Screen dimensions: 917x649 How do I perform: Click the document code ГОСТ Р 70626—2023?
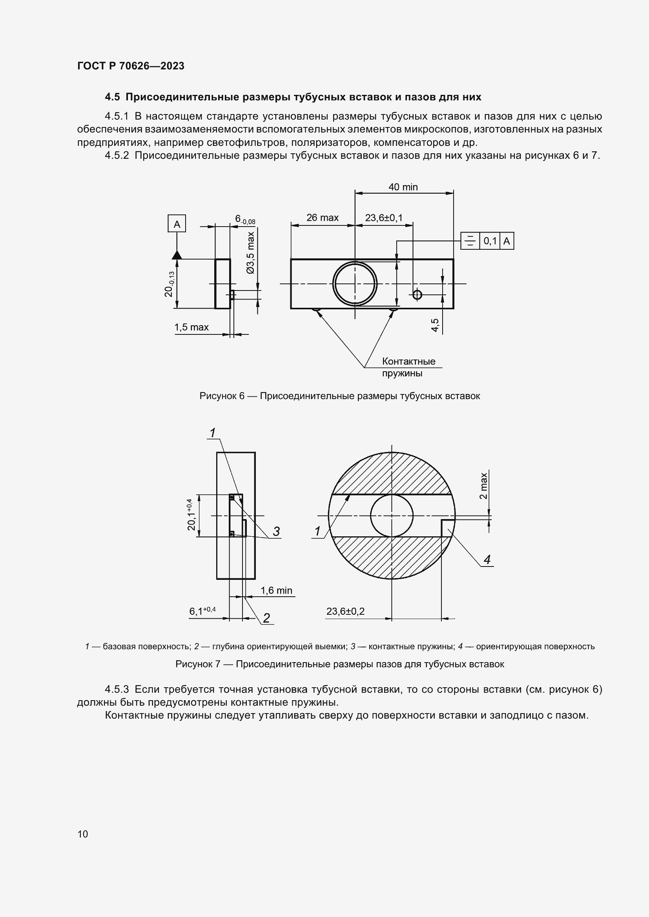131,66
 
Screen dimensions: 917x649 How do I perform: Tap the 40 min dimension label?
403,187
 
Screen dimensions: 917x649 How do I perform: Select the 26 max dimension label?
322,218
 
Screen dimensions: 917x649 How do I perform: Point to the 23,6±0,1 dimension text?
384,218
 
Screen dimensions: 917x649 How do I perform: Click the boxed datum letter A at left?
177,224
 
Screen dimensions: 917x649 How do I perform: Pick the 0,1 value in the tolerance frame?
490,241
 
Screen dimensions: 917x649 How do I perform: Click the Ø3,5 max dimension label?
251,252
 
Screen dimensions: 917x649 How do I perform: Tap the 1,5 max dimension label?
191,327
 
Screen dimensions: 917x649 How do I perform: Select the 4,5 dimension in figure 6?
435,325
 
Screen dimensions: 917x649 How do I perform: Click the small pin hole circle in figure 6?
417,295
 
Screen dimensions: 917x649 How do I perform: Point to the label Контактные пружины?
408,367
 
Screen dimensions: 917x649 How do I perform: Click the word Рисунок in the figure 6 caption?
218,396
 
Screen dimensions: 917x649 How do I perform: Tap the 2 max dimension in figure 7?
483,486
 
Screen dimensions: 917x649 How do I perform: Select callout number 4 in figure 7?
487,559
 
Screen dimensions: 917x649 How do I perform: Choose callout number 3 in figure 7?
276,531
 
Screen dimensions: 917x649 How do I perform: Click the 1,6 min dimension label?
276,590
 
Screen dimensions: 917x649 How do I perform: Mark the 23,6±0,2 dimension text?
345,611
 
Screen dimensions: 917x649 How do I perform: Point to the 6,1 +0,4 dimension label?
202,611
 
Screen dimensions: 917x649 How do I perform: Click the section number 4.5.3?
117,689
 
